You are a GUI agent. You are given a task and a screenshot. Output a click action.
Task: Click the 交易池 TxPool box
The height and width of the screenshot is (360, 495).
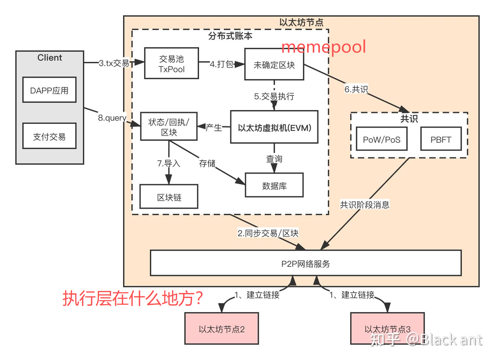point(172,64)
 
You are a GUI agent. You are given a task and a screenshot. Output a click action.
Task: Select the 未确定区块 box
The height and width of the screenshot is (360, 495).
point(274,65)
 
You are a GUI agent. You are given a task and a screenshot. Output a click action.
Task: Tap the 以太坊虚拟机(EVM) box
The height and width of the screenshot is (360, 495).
point(274,128)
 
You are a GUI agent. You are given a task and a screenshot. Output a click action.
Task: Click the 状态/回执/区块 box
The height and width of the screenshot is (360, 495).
point(169,127)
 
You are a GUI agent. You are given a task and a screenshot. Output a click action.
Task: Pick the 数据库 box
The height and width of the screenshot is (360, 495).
point(274,186)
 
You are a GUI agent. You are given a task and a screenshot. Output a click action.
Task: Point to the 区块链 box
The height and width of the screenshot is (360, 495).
point(169,197)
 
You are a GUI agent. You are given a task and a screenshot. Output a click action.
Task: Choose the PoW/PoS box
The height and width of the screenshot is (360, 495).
point(382,139)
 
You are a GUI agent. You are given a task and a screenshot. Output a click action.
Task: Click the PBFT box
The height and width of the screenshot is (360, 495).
point(441,139)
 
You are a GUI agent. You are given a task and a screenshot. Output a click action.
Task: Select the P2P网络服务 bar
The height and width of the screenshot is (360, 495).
point(306,263)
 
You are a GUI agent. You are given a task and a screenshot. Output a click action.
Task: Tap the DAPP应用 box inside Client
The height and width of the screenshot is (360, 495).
point(49,90)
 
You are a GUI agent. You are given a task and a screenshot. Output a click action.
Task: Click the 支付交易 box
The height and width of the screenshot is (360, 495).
point(49,137)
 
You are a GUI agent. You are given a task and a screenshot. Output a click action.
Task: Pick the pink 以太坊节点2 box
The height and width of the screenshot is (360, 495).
point(221,329)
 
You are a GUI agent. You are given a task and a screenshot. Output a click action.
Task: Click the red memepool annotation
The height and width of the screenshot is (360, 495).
point(323,47)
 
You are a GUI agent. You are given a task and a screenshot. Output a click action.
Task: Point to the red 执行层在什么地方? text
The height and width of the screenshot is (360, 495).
point(133,298)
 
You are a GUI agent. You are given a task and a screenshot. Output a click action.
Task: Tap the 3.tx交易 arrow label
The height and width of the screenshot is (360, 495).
point(114,63)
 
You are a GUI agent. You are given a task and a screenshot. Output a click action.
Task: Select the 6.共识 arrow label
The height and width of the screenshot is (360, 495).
point(356,89)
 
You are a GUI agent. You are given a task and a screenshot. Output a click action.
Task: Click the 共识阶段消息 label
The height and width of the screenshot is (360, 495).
point(364,205)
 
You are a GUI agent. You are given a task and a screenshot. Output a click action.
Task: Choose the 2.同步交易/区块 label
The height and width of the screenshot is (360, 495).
point(268,233)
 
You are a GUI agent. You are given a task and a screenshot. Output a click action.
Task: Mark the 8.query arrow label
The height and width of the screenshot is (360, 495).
point(112,118)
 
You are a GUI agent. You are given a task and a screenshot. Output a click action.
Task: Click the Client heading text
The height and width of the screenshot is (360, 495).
point(49,58)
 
